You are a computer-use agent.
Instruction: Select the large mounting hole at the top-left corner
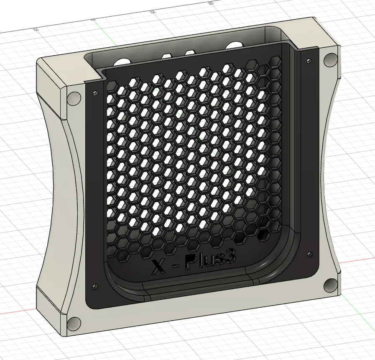tap(74, 98)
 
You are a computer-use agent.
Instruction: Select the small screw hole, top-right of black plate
tap(309, 61)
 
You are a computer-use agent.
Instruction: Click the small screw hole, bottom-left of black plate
tap(94, 286)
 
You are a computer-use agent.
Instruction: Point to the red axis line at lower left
tap(17, 312)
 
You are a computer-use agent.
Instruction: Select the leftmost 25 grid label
tap(35, 29)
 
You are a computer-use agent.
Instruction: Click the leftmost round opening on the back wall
tap(122, 62)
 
